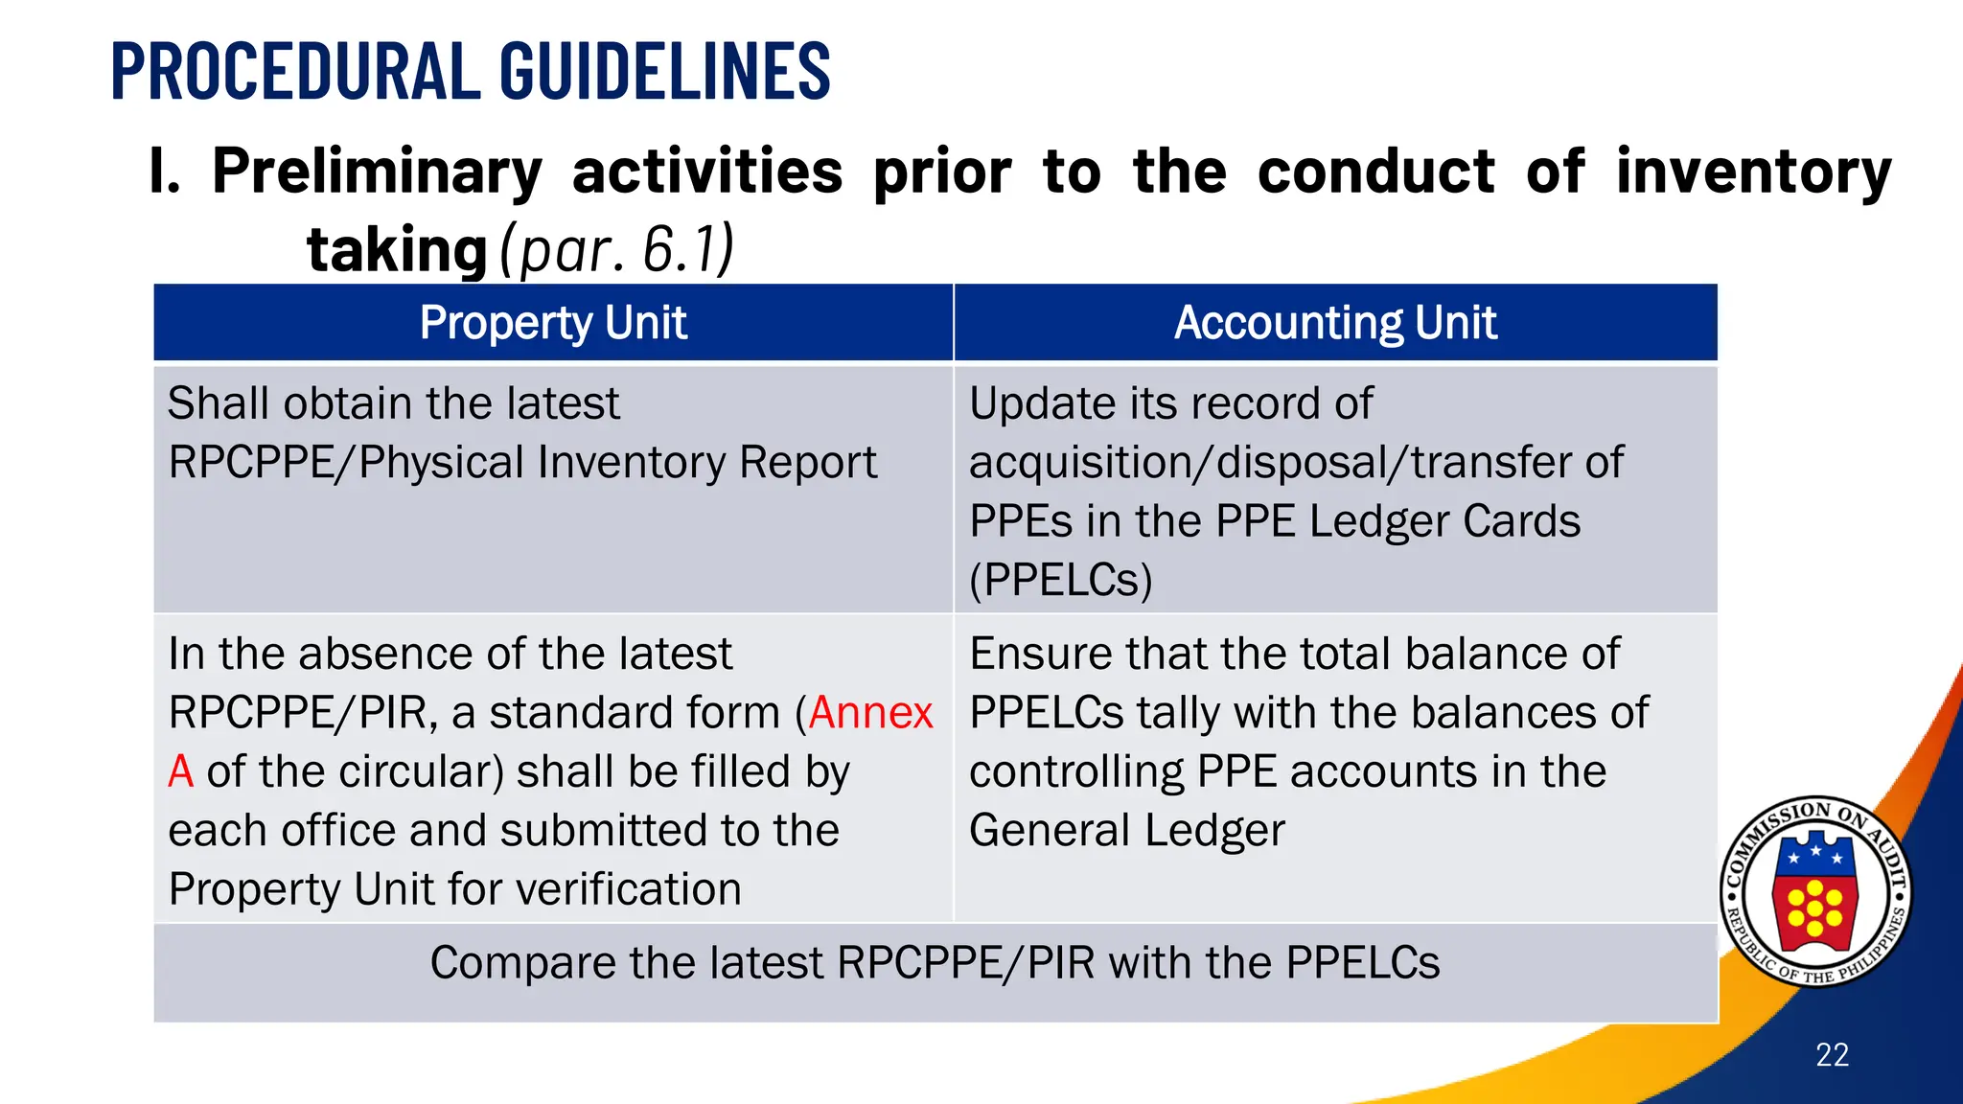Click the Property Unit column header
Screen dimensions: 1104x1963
click(x=553, y=323)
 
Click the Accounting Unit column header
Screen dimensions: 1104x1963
click(x=1335, y=323)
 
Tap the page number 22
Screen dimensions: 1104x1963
click(x=1832, y=1055)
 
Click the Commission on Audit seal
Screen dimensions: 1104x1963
click(x=1814, y=892)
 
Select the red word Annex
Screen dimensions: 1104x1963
click(x=870, y=713)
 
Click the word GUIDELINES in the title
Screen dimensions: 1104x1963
click(x=664, y=71)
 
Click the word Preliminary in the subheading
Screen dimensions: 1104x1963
click(x=377, y=172)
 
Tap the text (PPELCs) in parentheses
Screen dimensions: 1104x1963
click(x=1060, y=581)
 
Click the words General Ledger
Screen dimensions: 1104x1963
click(x=1126, y=831)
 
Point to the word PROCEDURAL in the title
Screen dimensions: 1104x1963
click(x=295, y=71)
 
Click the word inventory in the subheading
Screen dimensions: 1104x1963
click(x=1753, y=172)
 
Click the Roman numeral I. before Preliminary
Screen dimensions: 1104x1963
click(x=165, y=172)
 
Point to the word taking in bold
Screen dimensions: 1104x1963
click(x=397, y=250)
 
